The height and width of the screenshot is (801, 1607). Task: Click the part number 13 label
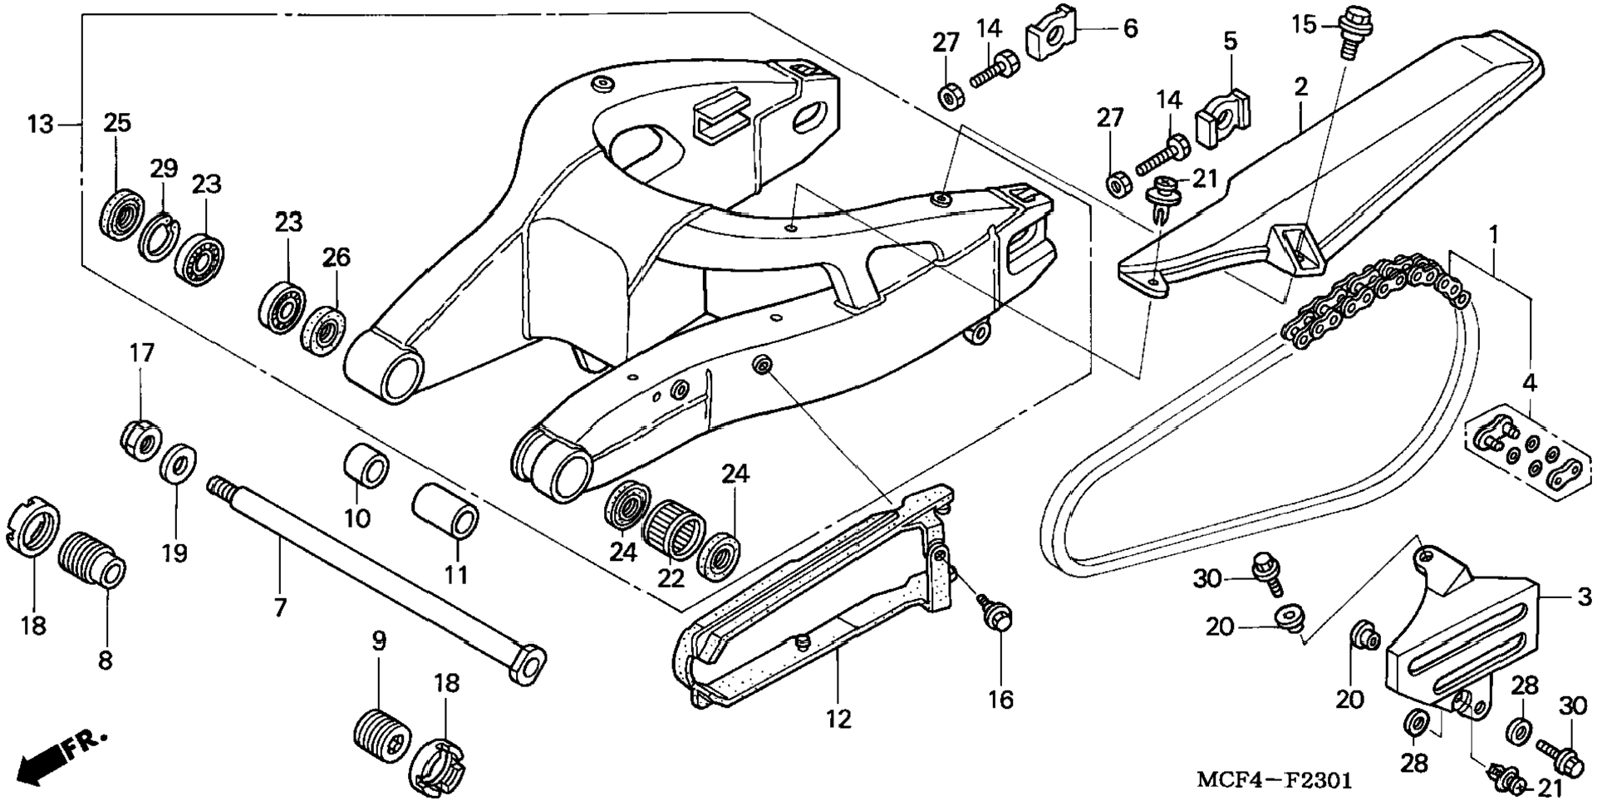pos(40,125)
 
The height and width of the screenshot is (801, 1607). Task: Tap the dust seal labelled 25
pos(121,214)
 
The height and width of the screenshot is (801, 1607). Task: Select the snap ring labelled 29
pos(159,237)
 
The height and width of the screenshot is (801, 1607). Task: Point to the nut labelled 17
pos(141,439)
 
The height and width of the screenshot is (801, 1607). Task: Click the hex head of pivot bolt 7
pos(527,663)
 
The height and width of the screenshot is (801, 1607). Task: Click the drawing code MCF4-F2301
pos(1274,781)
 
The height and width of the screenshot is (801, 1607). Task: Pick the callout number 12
pos(838,719)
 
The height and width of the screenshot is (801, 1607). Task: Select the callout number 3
pos(1584,596)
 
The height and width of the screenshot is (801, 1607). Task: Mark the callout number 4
pos(1530,383)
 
